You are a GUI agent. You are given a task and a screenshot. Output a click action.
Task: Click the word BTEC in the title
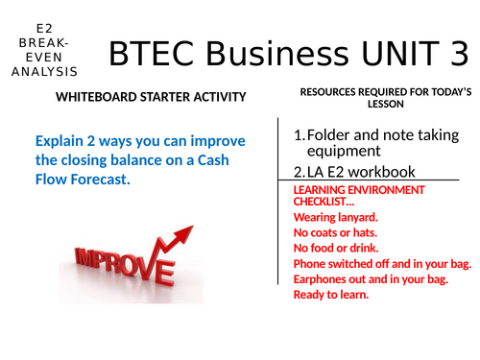[153, 56]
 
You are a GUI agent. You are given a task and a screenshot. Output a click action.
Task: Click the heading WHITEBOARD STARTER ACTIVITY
[151, 97]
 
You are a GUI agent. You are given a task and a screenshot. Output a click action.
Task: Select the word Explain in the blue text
[60, 142]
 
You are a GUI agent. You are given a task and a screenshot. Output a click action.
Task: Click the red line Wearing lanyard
[335, 218]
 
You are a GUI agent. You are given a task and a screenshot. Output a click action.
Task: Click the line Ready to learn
[331, 295]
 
